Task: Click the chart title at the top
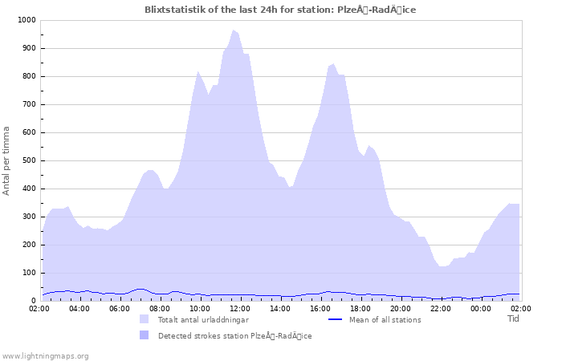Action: pyautogui.click(x=280, y=10)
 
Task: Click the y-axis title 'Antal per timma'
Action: pyautogui.click(x=7, y=160)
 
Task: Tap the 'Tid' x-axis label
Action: pyautogui.click(x=513, y=318)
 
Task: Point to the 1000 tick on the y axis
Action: pyautogui.click(x=26, y=20)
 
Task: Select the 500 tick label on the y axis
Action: pyautogui.click(x=28, y=160)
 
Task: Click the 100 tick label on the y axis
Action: pyautogui.click(x=28, y=273)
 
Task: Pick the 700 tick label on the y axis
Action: pyautogui.click(x=28, y=104)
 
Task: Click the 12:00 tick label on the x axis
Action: pyautogui.click(x=240, y=308)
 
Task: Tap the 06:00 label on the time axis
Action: pyautogui.click(x=120, y=308)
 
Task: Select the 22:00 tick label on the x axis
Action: pyautogui.click(x=441, y=308)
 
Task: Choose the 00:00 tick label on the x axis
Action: pyautogui.click(x=481, y=308)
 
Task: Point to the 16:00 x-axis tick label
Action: pyautogui.click(x=320, y=308)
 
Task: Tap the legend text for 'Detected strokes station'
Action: pyautogui.click(x=234, y=335)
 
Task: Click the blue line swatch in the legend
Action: pyautogui.click(x=336, y=319)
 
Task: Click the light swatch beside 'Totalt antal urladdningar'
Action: pyautogui.click(x=145, y=319)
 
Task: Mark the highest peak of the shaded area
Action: pyautogui.click(x=234, y=30)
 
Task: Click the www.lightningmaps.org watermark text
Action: pyautogui.click(x=45, y=355)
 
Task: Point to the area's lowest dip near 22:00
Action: pyautogui.click(x=442, y=266)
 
